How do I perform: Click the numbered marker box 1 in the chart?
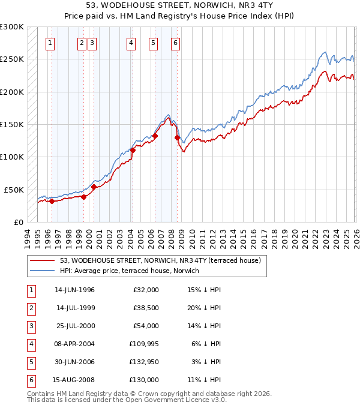click(50, 43)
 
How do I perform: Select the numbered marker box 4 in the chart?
click(131, 43)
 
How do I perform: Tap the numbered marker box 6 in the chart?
click(175, 43)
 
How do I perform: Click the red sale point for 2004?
click(133, 151)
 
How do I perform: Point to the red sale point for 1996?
click(52, 201)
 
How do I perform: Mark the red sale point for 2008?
click(177, 137)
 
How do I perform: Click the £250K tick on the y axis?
click(12, 59)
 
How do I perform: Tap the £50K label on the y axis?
click(14, 190)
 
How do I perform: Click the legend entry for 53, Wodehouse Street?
click(160, 261)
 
